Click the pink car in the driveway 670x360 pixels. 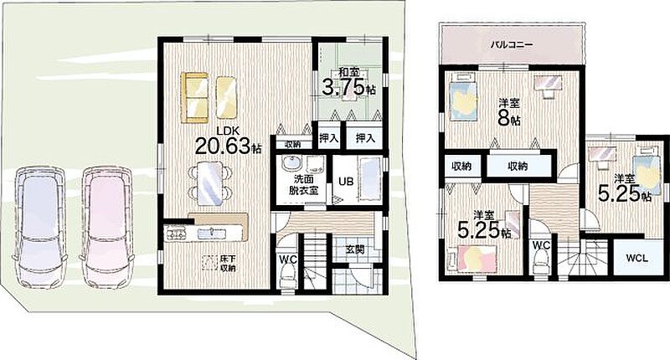(107, 226)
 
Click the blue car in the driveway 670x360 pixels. (39, 226)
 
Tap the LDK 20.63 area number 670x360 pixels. (222, 146)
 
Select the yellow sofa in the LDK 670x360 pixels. (196, 98)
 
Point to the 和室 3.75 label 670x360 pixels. (348, 83)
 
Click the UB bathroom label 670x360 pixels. (346, 181)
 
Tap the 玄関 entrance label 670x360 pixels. (354, 249)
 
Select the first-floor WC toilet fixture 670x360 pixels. (287, 275)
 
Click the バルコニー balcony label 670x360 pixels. (512, 44)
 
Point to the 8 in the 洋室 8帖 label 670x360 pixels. (504, 118)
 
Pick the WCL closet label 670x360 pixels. (636, 258)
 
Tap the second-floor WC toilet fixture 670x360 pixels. (541, 262)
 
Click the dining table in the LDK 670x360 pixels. (210, 183)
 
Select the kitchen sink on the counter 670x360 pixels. (213, 234)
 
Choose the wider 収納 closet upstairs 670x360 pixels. (518, 166)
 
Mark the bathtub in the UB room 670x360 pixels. (370, 179)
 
